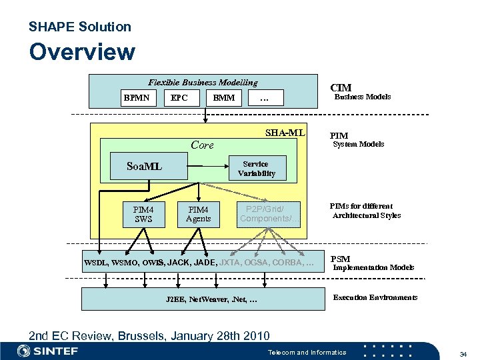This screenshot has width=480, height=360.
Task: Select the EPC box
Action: point(179,98)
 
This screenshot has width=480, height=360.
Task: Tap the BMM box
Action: point(223,98)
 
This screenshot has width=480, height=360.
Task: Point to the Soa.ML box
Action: point(145,166)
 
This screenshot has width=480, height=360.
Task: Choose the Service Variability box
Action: point(256,169)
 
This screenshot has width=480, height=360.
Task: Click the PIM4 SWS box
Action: point(143,214)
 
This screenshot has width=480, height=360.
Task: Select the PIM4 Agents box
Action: point(198,214)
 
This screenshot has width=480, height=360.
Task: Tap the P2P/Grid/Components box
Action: point(269,214)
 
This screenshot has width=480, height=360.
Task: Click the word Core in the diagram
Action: point(202,145)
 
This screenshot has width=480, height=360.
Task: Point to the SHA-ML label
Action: point(285,132)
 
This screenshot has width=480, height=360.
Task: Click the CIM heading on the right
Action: point(341,87)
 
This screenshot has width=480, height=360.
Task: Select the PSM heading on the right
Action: point(340,259)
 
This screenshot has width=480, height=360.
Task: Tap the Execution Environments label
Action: point(375,297)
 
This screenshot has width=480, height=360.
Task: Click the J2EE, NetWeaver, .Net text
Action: point(211,300)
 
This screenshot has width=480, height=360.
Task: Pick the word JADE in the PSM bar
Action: point(205,263)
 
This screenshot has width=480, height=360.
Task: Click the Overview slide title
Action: point(82,52)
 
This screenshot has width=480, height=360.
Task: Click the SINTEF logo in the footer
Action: point(48,351)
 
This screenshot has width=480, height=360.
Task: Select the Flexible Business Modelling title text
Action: point(203,83)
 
